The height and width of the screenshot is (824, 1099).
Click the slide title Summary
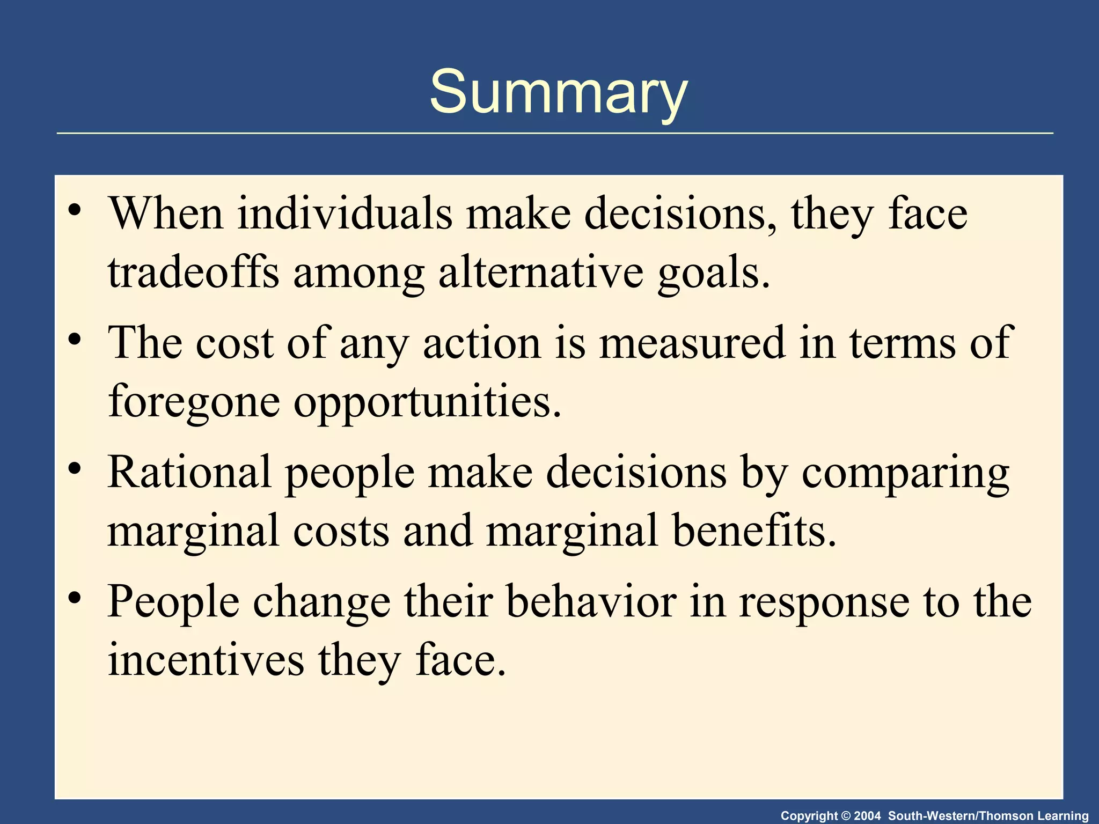click(x=558, y=92)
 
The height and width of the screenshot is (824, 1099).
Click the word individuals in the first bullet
click(x=345, y=214)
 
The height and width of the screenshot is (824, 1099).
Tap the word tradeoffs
click(x=193, y=273)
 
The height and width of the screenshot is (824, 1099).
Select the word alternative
click(x=541, y=273)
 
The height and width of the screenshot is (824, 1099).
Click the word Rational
click(x=189, y=472)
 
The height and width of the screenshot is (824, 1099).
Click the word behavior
click(x=591, y=602)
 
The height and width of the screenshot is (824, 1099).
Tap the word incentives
click(x=206, y=660)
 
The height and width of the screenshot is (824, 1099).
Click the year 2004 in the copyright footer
click(x=867, y=816)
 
